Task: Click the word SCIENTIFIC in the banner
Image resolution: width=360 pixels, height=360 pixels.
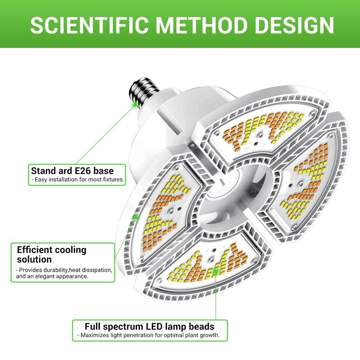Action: pos(89,25)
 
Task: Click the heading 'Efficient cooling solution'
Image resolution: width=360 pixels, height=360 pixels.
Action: pos(52,254)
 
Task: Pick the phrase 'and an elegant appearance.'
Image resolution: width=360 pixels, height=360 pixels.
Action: pos(52,276)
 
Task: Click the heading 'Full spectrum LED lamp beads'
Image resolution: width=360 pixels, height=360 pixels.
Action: pos(149,327)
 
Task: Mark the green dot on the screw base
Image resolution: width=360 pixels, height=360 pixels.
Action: pos(135,105)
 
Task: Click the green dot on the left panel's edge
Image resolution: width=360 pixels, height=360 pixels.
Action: pos(136,217)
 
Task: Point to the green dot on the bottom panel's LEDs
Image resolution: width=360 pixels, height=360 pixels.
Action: pos(216,271)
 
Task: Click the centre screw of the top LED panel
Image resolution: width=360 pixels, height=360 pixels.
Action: pos(260,135)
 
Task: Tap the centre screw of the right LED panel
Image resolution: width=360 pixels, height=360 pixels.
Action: pos(300,184)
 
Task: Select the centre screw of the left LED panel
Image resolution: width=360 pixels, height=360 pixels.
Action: pos(170,211)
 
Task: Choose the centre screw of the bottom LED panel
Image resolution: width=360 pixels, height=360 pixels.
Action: pos(211,260)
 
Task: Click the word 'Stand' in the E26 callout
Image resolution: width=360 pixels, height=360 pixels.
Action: pos(42,171)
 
